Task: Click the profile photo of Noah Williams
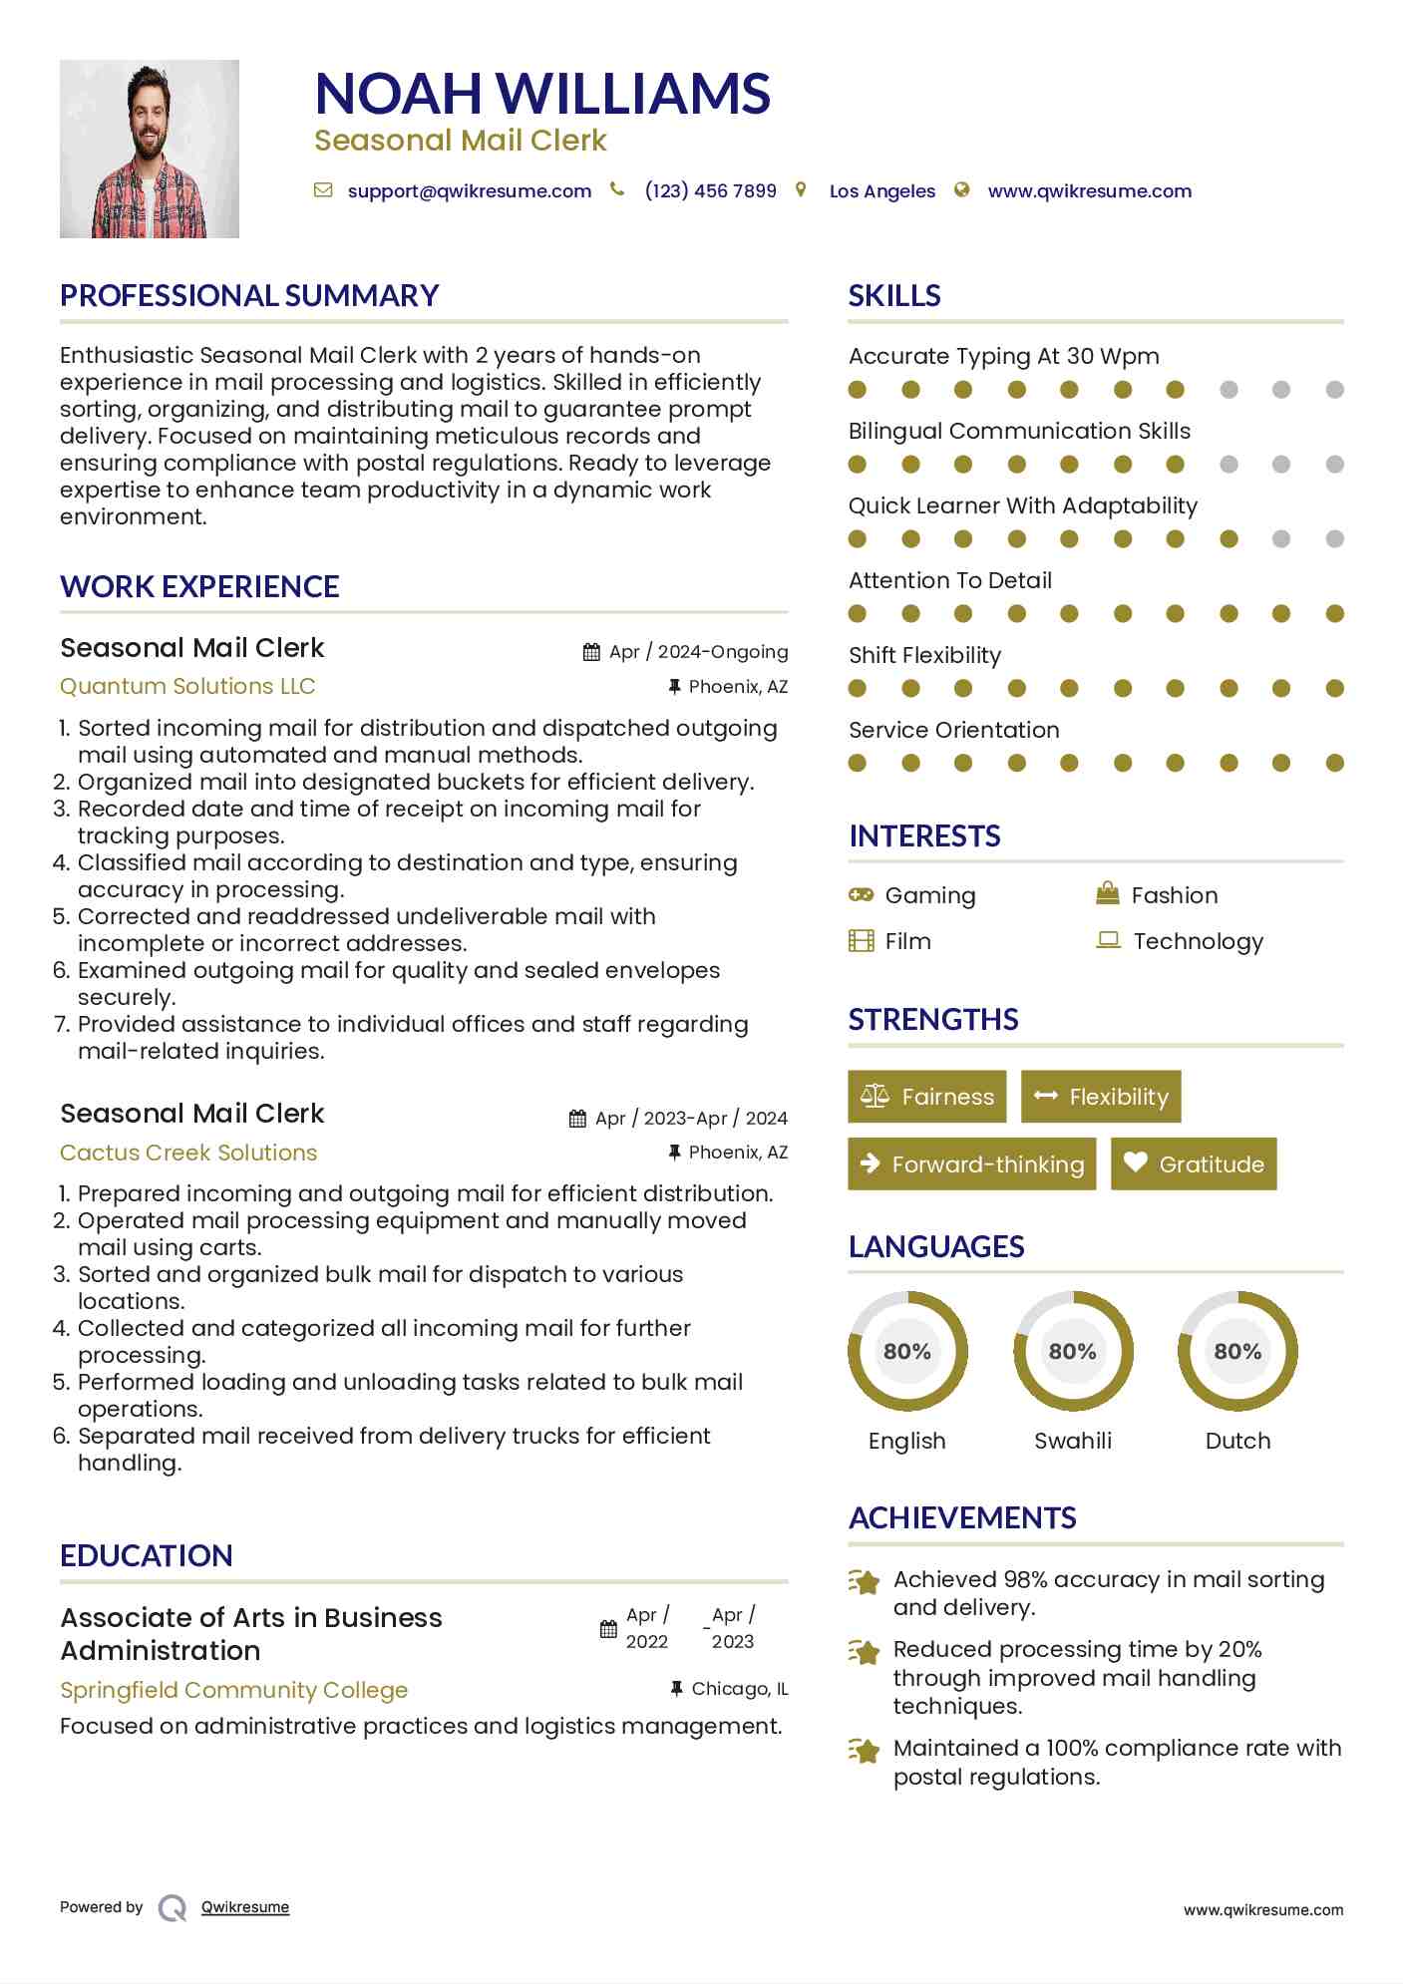150,150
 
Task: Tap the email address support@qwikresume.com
469,191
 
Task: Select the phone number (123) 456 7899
710,191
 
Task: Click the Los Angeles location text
881,191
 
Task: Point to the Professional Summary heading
249,296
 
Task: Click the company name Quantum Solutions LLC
187,687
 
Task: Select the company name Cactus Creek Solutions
188,1153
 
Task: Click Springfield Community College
233,1690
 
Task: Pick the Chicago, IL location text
739,1689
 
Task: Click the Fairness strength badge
927,1097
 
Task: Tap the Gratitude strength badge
1194,1163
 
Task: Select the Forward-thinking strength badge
972,1163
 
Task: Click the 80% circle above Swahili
1073,1352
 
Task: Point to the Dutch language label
1237,1441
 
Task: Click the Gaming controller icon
861,895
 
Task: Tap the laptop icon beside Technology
1108,940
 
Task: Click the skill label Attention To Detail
950,580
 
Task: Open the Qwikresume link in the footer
245,1907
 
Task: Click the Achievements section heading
962,1518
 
